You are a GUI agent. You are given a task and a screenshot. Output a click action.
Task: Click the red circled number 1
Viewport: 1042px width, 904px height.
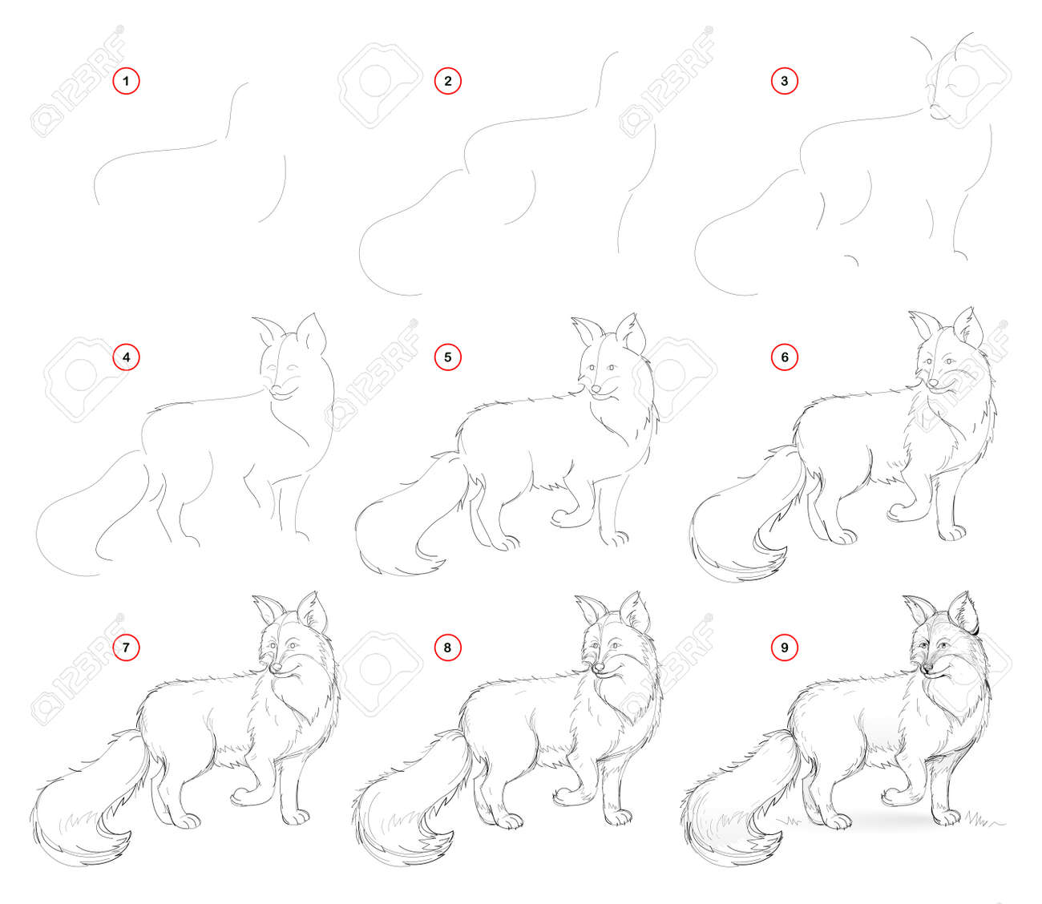click(126, 80)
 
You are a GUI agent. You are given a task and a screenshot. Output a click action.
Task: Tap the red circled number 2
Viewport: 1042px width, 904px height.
click(448, 80)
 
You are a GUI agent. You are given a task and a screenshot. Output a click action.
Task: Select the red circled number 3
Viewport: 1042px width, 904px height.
click(784, 80)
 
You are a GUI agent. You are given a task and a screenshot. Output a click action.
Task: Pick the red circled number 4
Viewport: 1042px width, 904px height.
click(126, 357)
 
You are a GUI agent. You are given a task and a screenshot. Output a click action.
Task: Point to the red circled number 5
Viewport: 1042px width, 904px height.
click(448, 357)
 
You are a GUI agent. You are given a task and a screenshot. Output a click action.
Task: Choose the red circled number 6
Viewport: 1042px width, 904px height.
click(784, 357)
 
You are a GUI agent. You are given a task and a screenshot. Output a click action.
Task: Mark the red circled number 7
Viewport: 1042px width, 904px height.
click(126, 648)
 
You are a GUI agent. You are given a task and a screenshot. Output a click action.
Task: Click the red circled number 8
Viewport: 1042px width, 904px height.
click(448, 648)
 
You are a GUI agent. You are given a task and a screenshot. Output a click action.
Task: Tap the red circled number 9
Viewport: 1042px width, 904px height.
click(784, 648)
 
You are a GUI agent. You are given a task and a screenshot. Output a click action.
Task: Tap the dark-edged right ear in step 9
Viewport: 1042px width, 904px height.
click(963, 612)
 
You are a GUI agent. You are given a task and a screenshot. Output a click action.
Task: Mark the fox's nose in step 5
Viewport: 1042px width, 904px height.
click(596, 389)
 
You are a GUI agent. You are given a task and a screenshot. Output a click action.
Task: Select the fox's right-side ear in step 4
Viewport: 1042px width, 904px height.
click(312, 333)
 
